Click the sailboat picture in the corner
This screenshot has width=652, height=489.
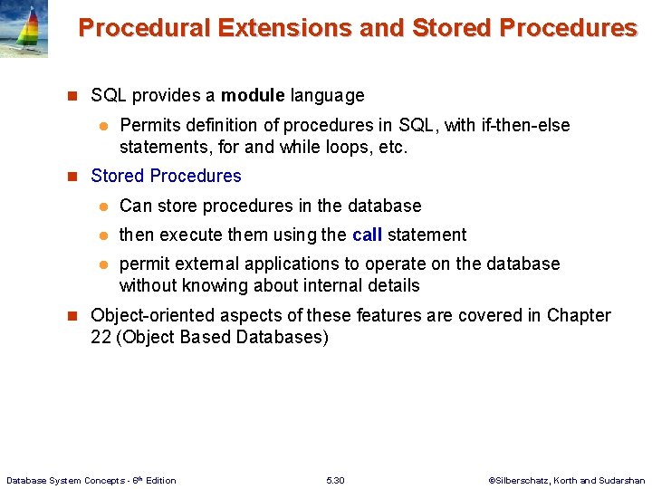(x=24, y=29)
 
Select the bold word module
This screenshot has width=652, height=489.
(x=253, y=95)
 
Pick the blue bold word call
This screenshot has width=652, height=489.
(x=367, y=235)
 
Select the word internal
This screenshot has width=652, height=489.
(x=333, y=285)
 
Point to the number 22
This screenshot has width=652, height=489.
(x=101, y=337)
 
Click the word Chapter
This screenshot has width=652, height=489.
(x=577, y=315)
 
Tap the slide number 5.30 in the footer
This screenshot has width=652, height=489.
(x=335, y=480)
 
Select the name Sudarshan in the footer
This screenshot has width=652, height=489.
(x=623, y=480)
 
